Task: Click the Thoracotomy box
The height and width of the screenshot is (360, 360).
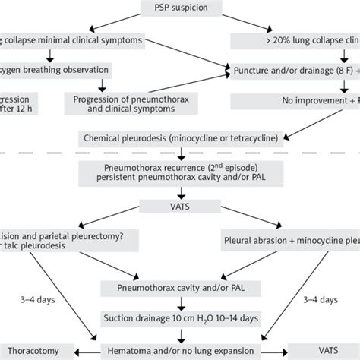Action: (x=36, y=351)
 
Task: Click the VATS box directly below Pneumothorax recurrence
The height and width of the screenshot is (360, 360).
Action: (x=179, y=205)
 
